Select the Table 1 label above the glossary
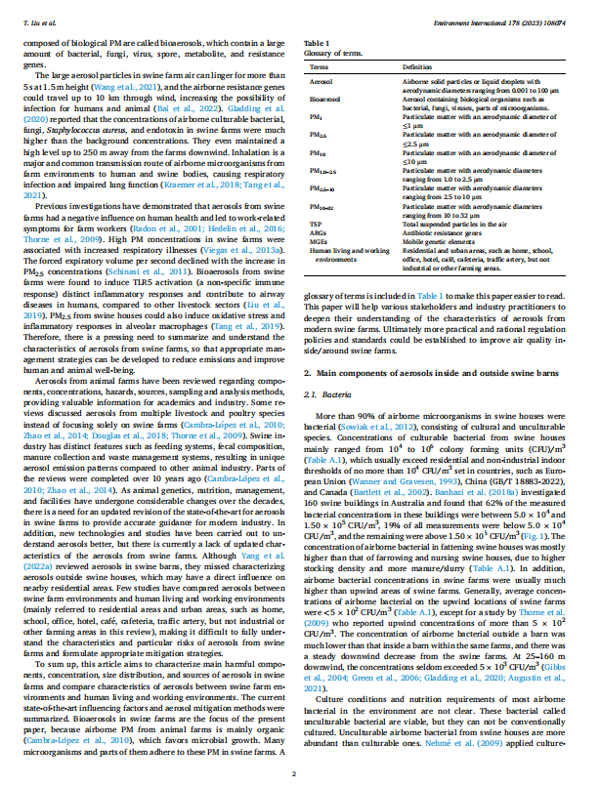click(x=317, y=44)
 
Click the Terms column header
click(x=319, y=66)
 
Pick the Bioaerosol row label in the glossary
click(x=325, y=100)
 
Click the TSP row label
click(x=316, y=224)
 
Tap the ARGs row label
click(x=319, y=230)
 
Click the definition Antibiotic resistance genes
click(x=441, y=230)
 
